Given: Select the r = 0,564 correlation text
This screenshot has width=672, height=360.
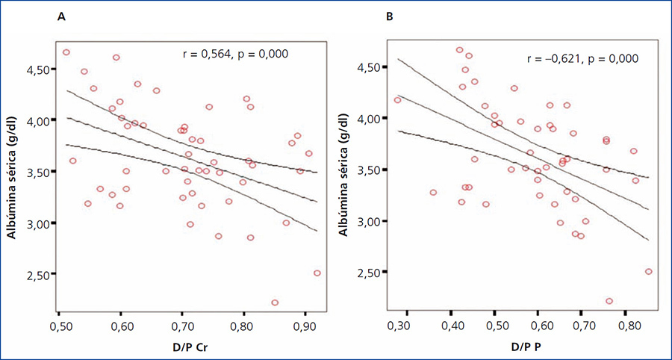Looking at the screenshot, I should tap(235, 54).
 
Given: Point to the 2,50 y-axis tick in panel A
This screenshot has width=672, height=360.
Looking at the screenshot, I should tap(38, 275).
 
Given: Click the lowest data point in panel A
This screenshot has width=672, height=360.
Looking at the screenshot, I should tap(275, 302).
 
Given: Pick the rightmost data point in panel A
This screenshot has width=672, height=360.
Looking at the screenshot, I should tap(317, 273).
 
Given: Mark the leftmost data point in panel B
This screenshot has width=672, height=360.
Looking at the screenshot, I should tap(397, 100).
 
